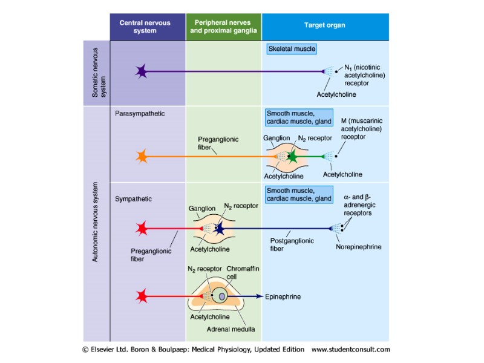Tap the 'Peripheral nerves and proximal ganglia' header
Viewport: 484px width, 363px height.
(x=223, y=27)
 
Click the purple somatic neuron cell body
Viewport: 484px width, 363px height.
(x=142, y=71)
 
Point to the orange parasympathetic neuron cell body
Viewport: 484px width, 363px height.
(x=142, y=157)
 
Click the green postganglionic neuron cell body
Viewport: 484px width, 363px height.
(x=293, y=157)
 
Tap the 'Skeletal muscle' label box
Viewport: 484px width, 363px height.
(x=292, y=48)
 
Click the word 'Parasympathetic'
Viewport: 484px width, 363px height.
(x=140, y=113)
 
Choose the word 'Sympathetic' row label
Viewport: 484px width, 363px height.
(x=133, y=198)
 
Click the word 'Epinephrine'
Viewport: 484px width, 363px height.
(x=283, y=297)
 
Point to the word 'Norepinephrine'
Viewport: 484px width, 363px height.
(x=359, y=247)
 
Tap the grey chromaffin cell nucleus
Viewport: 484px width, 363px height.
(x=223, y=296)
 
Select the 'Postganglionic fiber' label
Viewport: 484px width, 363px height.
(x=292, y=244)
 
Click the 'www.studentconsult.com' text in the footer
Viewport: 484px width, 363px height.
(x=350, y=349)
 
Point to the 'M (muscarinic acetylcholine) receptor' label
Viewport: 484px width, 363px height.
(x=361, y=128)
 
